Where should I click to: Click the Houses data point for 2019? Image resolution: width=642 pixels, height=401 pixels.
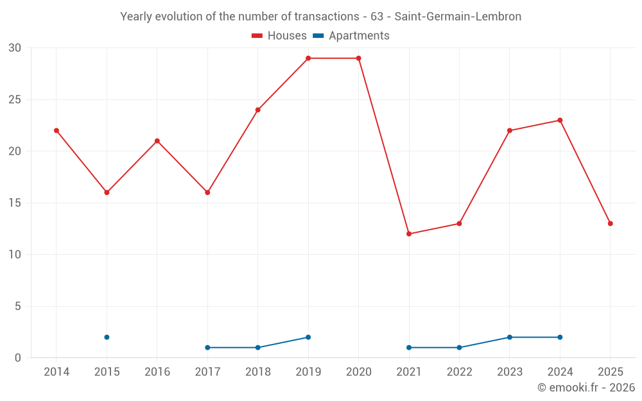click(308, 58)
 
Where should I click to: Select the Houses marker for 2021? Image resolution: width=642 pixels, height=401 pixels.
click(409, 234)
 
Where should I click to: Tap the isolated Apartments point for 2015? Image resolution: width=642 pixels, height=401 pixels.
click(107, 337)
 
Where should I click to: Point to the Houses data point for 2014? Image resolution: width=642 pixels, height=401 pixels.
click(56, 130)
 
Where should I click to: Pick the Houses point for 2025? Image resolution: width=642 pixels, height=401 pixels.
click(610, 223)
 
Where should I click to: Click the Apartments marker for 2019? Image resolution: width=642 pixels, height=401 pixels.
click(308, 337)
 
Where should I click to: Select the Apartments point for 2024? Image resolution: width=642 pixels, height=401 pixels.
click(560, 337)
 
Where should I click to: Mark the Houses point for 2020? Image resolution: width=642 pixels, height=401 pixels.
click(358, 58)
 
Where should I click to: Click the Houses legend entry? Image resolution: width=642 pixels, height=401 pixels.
click(279, 36)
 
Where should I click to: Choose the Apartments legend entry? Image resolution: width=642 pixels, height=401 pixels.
click(351, 36)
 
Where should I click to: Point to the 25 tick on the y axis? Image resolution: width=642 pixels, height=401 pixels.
click(15, 99)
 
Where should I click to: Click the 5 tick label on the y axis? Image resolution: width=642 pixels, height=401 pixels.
click(18, 306)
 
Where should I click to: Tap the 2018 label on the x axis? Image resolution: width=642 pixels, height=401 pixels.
click(257, 372)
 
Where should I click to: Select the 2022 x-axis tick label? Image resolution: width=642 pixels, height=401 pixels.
click(459, 372)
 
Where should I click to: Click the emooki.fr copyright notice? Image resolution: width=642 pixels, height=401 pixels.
click(586, 388)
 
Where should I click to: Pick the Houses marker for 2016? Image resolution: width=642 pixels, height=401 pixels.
click(157, 141)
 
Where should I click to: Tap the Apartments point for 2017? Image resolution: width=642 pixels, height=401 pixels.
click(207, 347)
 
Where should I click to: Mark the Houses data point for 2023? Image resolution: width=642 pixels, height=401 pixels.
click(510, 130)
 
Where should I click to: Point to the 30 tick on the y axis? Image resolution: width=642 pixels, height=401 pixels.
click(15, 48)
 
